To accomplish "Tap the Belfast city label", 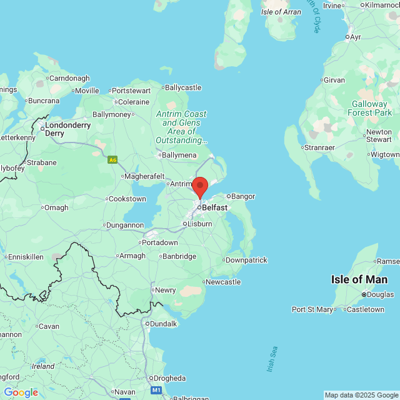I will click(x=215, y=207).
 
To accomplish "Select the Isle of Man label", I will click(x=359, y=279).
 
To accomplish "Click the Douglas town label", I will click(x=381, y=294).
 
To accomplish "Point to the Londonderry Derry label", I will click(x=67, y=129).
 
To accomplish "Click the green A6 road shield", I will click(x=112, y=160).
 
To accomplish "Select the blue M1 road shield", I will click(x=157, y=390).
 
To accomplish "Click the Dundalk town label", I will click(x=162, y=323).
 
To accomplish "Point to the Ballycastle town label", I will click(x=182, y=87).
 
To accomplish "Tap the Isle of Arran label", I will click(x=281, y=12).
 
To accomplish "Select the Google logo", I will click(x=21, y=392).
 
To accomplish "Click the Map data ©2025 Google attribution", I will click(x=361, y=395).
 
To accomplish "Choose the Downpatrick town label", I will click(x=246, y=259).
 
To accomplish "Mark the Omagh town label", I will click(x=56, y=208).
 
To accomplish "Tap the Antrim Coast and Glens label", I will click(x=181, y=127).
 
